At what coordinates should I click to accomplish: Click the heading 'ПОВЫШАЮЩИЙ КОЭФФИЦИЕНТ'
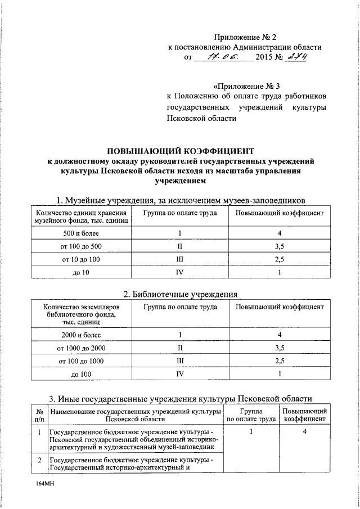tap(181, 151)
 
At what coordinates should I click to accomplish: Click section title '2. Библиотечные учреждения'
tap(181, 294)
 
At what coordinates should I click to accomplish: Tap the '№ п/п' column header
tap(39, 415)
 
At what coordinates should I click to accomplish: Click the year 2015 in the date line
tap(265, 57)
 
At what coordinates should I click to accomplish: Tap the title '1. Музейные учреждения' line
tap(181, 200)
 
